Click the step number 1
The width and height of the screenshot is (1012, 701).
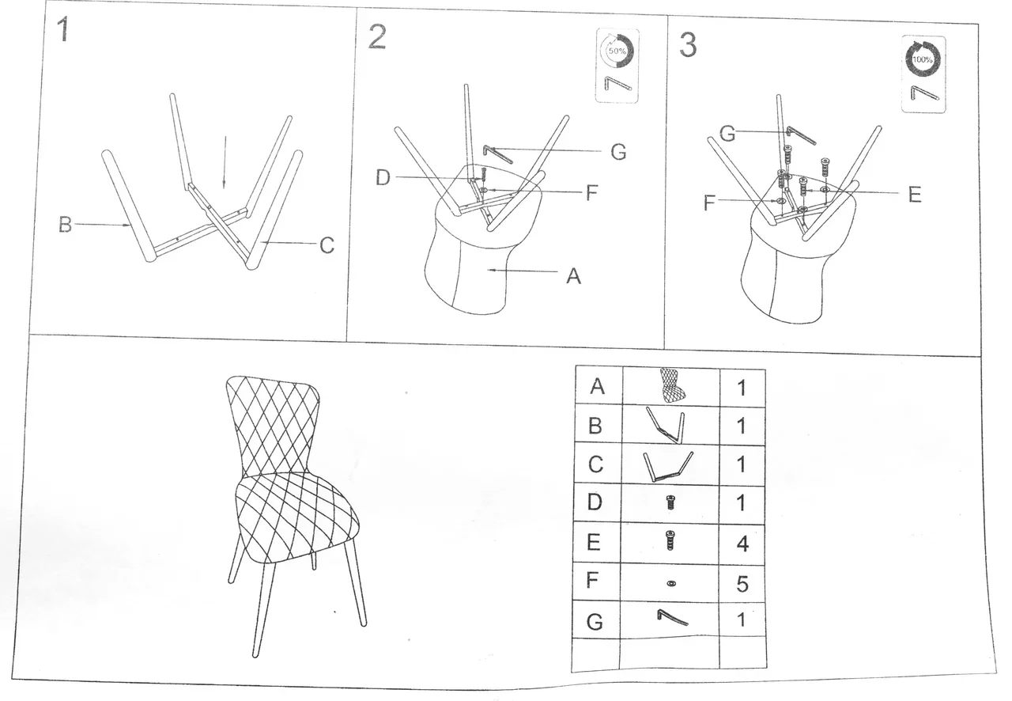point(63,29)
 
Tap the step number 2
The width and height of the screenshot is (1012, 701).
point(377,37)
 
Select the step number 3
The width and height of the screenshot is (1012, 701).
point(688,45)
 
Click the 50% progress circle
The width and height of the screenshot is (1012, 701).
point(617,51)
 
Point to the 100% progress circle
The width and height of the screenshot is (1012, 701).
point(923,59)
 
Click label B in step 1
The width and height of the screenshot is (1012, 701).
point(65,225)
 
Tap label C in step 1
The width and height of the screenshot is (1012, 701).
point(327,245)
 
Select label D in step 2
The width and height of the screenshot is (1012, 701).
point(383,178)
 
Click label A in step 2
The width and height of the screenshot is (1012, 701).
point(573,276)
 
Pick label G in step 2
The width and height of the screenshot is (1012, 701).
point(618,152)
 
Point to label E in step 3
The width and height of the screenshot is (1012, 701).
point(915,195)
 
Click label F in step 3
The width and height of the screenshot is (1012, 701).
point(709,203)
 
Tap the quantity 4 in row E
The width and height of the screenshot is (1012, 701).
point(742,544)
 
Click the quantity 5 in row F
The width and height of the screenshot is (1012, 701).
point(742,584)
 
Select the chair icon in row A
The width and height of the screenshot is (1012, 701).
point(673,385)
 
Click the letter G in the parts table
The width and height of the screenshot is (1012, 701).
point(595,622)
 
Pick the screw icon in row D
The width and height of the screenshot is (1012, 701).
point(671,502)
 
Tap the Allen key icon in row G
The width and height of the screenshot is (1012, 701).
point(672,617)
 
